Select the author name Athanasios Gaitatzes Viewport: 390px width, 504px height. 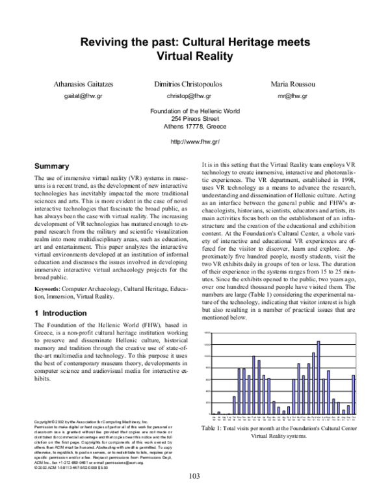point(83,85)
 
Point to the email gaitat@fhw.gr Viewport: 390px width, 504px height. point(83,96)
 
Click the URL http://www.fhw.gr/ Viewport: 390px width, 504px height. point(194,141)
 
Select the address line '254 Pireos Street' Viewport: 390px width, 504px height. point(194,119)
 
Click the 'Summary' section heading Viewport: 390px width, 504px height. point(51,166)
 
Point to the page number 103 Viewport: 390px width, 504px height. point(194,476)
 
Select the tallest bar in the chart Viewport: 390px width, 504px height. point(318,377)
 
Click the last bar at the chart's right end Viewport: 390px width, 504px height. point(354,394)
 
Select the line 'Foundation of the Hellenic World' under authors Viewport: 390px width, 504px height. point(194,111)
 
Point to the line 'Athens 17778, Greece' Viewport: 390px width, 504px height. point(194,127)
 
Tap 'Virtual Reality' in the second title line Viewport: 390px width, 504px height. point(194,56)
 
